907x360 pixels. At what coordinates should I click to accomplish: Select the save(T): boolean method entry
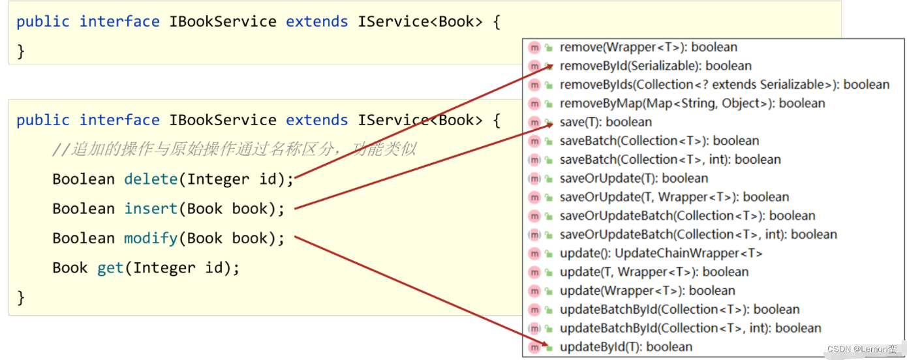pos(606,122)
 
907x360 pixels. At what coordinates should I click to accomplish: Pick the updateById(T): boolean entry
pos(626,347)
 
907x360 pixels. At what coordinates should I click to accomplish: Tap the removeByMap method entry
pos(692,103)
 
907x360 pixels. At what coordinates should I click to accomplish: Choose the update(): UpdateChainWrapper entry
pos(660,253)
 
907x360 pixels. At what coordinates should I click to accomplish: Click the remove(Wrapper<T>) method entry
pos(648,47)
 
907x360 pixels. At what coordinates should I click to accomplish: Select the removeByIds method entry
pos(724,85)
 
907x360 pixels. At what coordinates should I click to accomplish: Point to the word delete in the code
pos(151,179)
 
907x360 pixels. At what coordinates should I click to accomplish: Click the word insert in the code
pos(151,209)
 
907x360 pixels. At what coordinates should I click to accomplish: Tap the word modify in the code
pos(151,239)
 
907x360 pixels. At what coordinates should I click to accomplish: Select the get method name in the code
pos(110,268)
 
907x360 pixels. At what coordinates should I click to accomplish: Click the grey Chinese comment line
pos(234,150)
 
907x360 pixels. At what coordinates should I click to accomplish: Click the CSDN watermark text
pos(861,350)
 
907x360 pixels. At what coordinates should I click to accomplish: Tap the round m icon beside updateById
pos(534,347)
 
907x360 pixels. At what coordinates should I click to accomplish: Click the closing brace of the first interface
pos(20,51)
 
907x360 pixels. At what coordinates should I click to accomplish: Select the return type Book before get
pos(70,268)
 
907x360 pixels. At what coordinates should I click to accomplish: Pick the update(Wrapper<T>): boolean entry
pos(647,291)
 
